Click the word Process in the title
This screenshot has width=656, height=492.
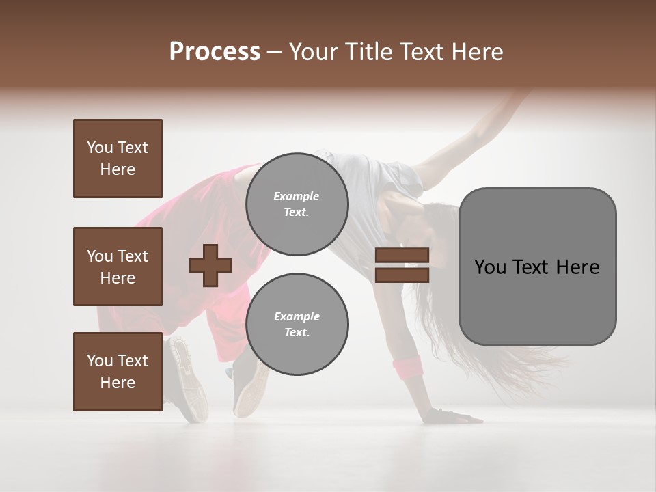(x=215, y=52)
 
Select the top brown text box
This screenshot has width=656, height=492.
(x=118, y=159)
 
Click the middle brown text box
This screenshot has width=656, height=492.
(x=118, y=266)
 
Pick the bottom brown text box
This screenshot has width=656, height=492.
(x=118, y=372)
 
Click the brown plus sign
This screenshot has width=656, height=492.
(x=210, y=265)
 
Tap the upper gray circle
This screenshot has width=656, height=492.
(x=297, y=204)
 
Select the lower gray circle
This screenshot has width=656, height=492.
(x=297, y=324)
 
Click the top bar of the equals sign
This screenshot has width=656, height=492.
(x=402, y=256)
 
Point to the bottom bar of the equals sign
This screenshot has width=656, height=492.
(x=402, y=275)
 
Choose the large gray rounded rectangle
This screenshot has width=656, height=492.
(x=537, y=266)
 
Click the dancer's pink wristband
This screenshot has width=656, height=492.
(x=407, y=366)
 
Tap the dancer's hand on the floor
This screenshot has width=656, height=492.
(x=451, y=415)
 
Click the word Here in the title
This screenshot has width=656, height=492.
(x=478, y=52)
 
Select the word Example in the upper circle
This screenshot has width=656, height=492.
(x=297, y=196)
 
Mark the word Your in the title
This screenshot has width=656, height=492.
(x=313, y=52)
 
